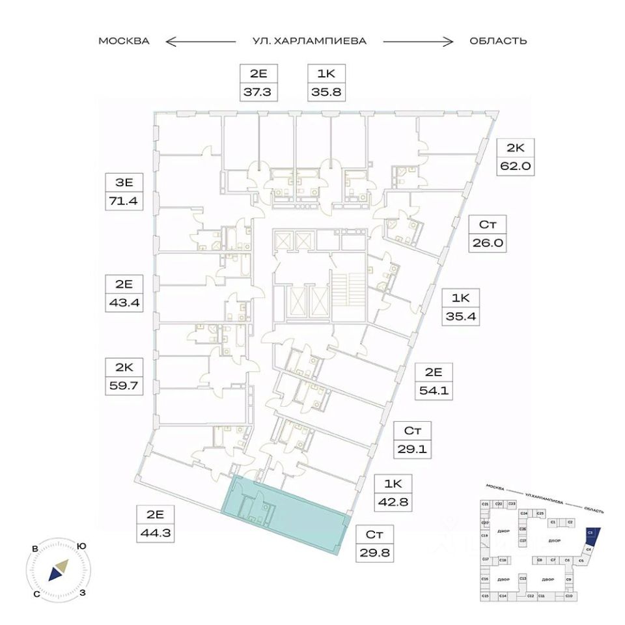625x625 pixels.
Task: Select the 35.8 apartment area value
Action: pos(326,92)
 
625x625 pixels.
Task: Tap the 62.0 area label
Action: pos(516,166)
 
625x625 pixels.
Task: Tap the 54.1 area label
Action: pos(434,392)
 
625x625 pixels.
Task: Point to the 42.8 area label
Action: pos(393,502)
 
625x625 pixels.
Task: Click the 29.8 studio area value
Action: pos(374,553)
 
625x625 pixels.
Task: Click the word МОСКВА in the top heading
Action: pos(124,42)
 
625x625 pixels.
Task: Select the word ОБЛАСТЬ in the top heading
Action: pos(498,42)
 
